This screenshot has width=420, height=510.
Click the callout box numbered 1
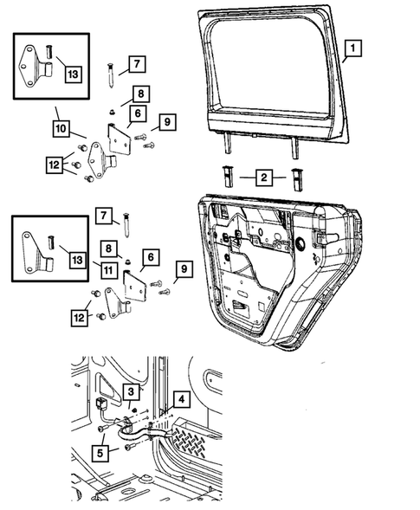coord(352,48)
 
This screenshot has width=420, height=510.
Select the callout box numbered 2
coord(264,178)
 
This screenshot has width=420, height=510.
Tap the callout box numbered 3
coord(131,391)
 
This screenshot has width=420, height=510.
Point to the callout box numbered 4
coord(181,399)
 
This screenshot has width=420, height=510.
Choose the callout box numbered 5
coord(100,453)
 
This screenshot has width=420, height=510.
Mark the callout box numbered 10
coord(61,128)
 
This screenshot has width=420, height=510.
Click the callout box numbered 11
coord(108,270)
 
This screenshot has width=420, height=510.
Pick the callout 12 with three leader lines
coord(55,165)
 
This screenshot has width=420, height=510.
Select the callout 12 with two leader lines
coord(80,318)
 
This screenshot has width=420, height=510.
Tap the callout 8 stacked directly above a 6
coord(141,94)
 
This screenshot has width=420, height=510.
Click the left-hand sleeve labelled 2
coord(228,176)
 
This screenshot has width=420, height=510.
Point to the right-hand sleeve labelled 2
coord(296,179)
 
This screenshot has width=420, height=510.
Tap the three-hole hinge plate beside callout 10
coord(100,161)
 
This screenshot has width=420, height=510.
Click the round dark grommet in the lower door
coord(300,244)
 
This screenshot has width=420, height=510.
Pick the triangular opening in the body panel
coord(108,388)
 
